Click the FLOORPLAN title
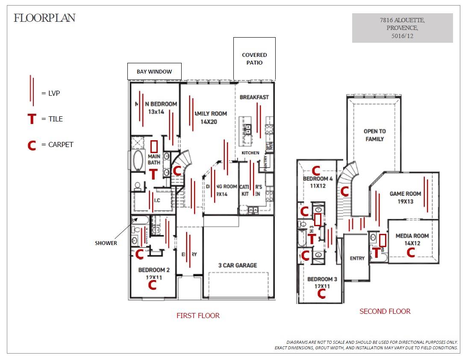pos(44,18)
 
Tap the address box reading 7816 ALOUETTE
pos(402,28)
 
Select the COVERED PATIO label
pos(254,59)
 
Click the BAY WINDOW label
pos(154,71)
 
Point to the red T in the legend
pos(32,119)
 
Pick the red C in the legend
pos(32,145)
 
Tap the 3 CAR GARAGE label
pos(238,265)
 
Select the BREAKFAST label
pos(254,97)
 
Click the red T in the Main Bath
pos(153,174)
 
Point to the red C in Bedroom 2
pos(152,285)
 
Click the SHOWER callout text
pos(106,243)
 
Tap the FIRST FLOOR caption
pos(198,316)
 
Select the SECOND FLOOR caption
pos(385,311)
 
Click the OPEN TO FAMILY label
pos(374,135)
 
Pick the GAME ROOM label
pos(405,194)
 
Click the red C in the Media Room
pos(411,253)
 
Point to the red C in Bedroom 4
pos(316,171)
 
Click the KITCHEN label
pos(250,153)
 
